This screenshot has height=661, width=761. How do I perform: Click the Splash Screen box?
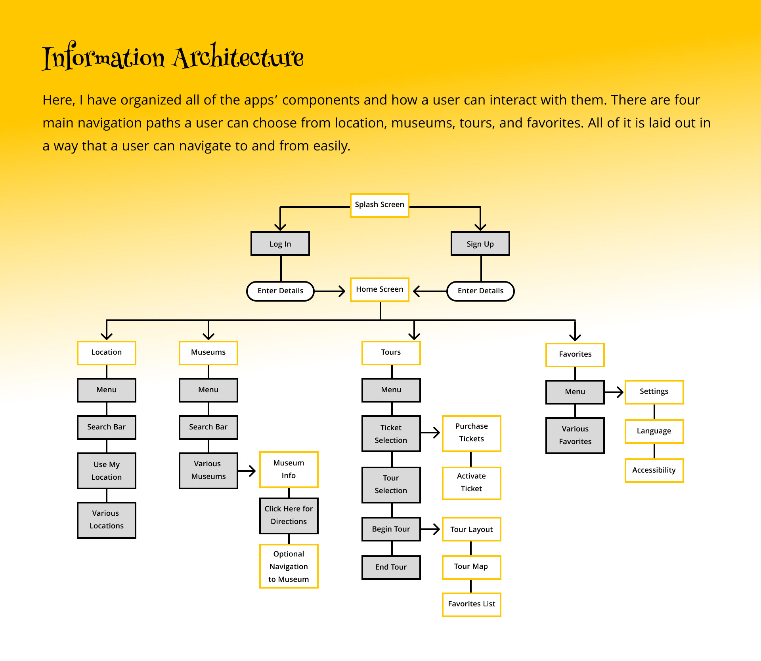click(x=379, y=205)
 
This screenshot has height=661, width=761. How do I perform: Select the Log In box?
click(x=280, y=244)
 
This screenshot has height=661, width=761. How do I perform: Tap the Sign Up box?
click(x=480, y=244)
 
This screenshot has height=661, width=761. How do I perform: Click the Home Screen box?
click(x=379, y=290)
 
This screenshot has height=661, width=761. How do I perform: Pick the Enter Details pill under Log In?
click(x=280, y=291)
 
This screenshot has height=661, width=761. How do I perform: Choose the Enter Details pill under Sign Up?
click(x=480, y=291)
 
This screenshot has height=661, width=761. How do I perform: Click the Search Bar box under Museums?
click(x=208, y=427)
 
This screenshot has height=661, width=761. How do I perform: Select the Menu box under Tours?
click(x=391, y=390)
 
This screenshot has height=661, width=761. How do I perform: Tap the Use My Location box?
click(x=107, y=471)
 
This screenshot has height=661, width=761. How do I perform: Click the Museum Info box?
click(x=289, y=469)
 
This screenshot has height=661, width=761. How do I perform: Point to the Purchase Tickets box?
click(x=471, y=433)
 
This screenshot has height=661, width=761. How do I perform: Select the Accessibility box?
click(x=654, y=471)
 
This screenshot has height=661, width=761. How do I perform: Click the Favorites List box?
click(x=471, y=604)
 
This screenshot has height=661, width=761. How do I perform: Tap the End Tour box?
click(x=391, y=568)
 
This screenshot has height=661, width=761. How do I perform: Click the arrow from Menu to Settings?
click(x=614, y=392)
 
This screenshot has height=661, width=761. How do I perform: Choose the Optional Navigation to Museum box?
click(x=289, y=566)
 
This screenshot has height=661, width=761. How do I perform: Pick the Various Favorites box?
click(x=575, y=435)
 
